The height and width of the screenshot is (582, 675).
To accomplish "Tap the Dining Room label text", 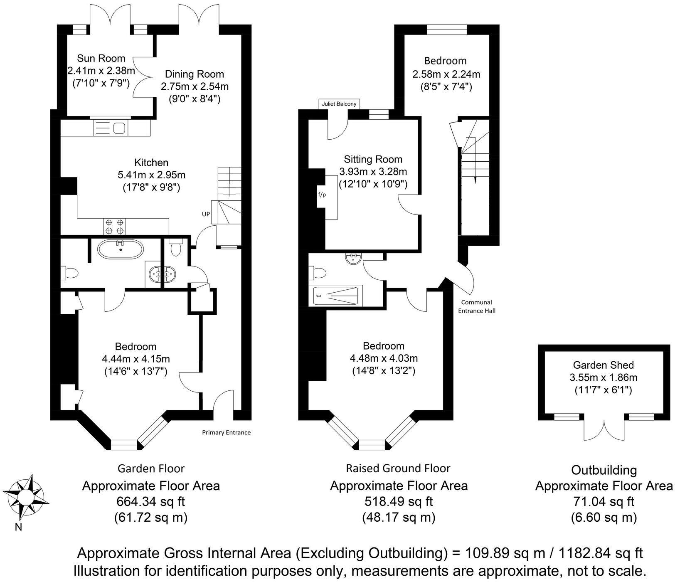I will click(x=194, y=74).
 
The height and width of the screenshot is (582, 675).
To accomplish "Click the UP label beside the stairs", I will click(x=206, y=214).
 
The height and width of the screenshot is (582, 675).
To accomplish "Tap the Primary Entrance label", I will click(x=226, y=432).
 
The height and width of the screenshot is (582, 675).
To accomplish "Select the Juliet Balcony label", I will click(x=339, y=104).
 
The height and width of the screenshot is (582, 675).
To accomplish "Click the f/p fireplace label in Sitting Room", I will click(x=322, y=194).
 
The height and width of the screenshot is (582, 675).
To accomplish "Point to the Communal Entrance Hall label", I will click(x=476, y=306).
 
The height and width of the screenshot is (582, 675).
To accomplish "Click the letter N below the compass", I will click(x=18, y=528).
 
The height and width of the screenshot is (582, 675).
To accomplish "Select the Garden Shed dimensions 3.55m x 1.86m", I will click(x=603, y=378).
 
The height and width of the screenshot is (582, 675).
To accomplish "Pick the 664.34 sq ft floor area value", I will click(x=151, y=502).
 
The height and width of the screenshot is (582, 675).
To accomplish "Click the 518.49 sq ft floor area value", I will click(x=399, y=502).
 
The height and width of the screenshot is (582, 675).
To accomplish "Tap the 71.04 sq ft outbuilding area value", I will click(x=603, y=502).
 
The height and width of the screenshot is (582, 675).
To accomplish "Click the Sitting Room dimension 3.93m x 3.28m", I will click(x=373, y=172).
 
